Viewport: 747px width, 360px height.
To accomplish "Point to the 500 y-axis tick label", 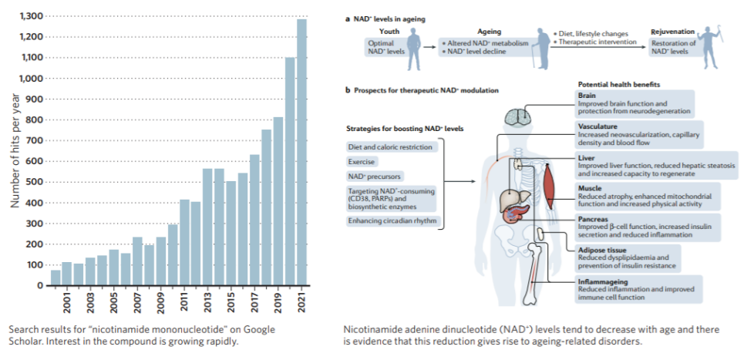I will pos(32,182).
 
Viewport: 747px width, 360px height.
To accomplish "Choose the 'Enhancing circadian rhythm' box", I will pos(387,222).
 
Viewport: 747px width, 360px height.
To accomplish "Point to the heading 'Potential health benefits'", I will pos(617,83).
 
